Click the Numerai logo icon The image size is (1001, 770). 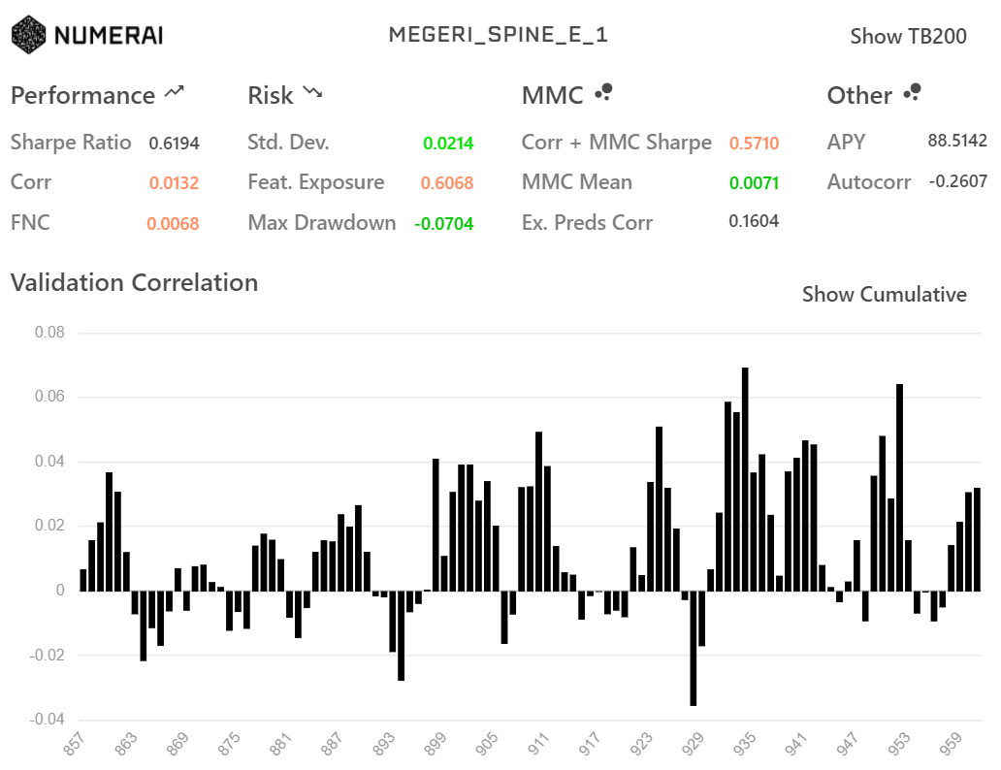click(28, 35)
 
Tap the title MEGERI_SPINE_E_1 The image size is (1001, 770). click(499, 35)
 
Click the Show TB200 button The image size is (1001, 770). click(908, 37)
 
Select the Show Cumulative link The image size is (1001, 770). click(884, 295)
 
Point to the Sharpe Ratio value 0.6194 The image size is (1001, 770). click(174, 144)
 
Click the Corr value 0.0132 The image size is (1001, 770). click(174, 183)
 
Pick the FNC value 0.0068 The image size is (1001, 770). click(173, 224)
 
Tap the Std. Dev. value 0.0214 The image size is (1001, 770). click(448, 144)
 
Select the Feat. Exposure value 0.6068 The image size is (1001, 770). click(447, 183)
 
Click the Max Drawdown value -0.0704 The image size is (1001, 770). click(444, 224)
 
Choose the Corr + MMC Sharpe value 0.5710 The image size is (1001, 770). click(754, 144)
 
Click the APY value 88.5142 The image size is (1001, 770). click(957, 141)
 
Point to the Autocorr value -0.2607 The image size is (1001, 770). click(957, 181)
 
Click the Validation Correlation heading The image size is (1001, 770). click(134, 283)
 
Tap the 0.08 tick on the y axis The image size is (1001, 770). click(49, 333)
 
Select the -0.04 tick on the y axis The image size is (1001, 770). click(47, 720)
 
